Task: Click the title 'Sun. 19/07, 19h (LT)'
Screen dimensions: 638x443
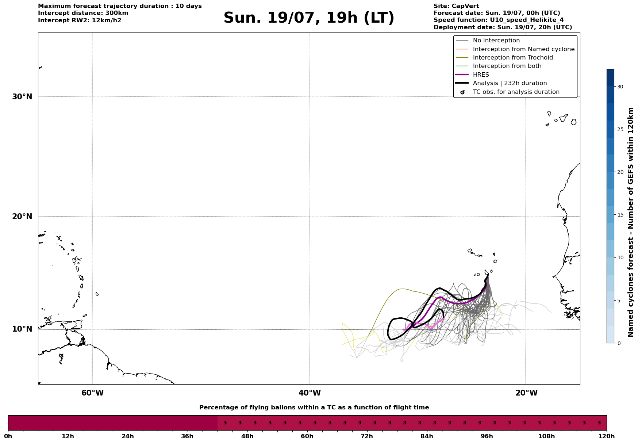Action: [x=309, y=18]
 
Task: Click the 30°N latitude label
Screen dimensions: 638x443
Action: [x=22, y=97]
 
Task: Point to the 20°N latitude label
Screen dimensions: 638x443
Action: [x=22, y=217]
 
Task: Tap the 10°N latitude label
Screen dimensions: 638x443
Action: [x=22, y=329]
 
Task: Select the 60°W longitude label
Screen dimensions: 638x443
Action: [x=92, y=393]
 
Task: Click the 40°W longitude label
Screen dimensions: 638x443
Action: [x=310, y=393]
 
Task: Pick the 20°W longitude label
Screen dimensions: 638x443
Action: [x=526, y=393]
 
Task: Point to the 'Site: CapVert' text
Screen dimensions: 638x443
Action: [x=456, y=6]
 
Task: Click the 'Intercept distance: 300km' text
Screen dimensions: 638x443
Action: [x=83, y=13]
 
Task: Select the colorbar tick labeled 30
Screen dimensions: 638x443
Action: [x=620, y=87]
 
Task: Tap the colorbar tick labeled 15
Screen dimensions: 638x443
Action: [x=620, y=215]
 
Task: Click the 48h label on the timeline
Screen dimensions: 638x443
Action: [x=247, y=436]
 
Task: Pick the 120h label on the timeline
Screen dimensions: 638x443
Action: [x=607, y=436]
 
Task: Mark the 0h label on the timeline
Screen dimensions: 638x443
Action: [x=8, y=436]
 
